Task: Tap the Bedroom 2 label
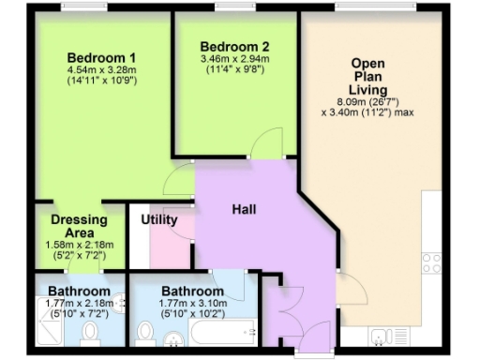[x=234, y=47]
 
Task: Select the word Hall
[x=244, y=209]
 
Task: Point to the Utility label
[x=159, y=219]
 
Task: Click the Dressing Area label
[x=79, y=226]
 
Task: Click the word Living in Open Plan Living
[x=367, y=89]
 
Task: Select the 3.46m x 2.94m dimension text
[x=234, y=60]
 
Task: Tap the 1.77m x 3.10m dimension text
[x=191, y=302]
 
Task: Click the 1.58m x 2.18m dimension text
[x=79, y=245]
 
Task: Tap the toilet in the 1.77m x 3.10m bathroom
[x=145, y=332]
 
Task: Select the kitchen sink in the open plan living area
[x=384, y=336]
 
